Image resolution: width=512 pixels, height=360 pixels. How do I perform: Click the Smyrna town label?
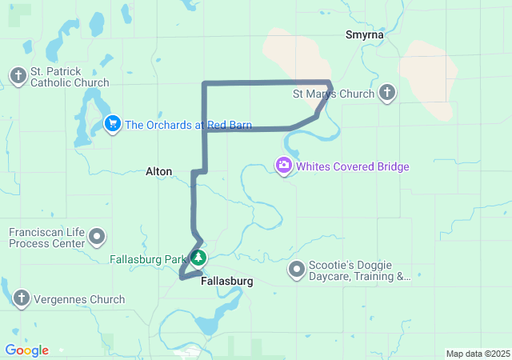(365, 35)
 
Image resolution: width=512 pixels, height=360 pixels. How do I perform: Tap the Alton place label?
(158, 171)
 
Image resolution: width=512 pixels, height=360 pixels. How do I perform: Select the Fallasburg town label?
(227, 282)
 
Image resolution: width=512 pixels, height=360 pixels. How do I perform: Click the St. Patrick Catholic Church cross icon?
(18, 76)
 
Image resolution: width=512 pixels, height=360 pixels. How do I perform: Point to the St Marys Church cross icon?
(387, 94)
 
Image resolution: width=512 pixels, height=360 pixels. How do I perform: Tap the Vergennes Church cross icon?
(21, 299)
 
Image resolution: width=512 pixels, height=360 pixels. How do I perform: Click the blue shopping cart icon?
(113, 124)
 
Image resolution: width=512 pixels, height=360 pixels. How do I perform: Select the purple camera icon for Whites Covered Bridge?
(284, 166)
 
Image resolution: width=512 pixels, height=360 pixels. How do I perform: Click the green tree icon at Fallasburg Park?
(198, 258)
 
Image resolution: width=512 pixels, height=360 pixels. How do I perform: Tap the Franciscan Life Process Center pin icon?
(98, 237)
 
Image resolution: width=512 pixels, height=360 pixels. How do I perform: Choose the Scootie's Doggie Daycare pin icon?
(297, 270)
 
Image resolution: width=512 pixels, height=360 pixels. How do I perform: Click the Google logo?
(26, 350)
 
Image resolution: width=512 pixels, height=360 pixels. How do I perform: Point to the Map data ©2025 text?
(477, 354)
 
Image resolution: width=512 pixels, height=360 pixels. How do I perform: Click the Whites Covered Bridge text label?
(353, 167)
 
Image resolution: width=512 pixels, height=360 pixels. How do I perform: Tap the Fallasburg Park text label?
(148, 259)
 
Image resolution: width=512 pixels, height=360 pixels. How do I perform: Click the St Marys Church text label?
(334, 94)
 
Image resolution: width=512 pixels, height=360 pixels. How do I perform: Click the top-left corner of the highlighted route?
(205, 84)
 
